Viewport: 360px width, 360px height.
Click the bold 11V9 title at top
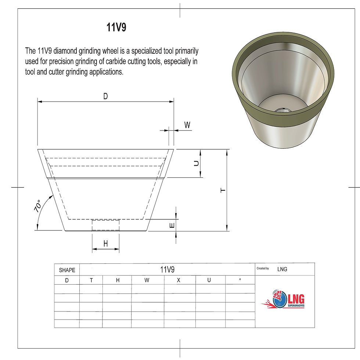click(116, 27)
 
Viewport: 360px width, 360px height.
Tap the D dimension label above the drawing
click(105, 96)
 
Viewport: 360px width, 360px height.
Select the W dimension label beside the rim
click(187, 125)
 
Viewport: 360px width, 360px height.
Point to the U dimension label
click(196, 163)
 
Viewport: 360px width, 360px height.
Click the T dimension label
click(223, 191)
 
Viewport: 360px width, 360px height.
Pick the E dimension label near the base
click(172, 226)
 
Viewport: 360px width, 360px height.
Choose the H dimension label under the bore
click(106, 243)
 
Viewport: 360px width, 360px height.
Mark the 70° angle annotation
click(37, 206)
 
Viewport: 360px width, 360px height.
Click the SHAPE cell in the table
click(67, 270)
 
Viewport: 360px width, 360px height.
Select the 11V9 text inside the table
click(167, 269)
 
